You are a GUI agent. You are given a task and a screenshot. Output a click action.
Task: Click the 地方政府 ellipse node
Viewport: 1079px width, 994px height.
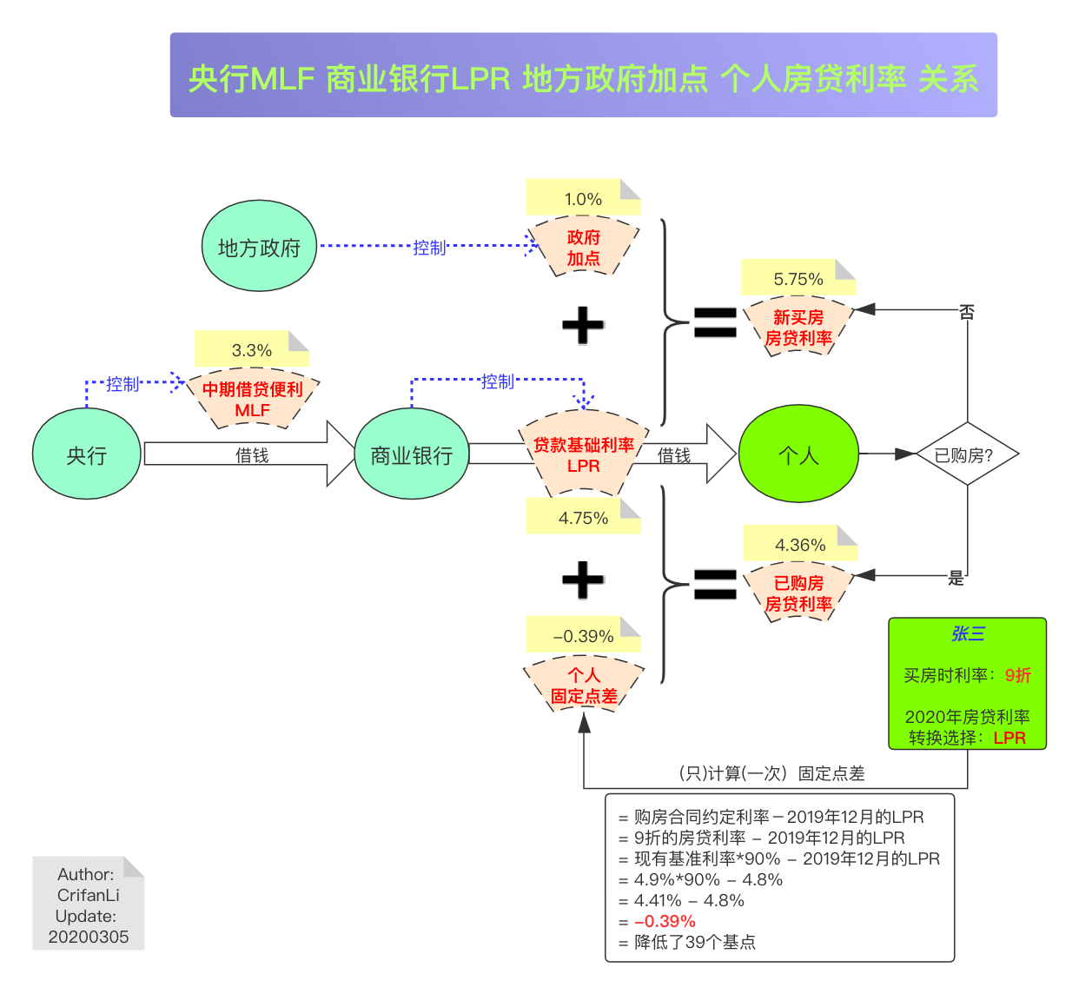pos(259,247)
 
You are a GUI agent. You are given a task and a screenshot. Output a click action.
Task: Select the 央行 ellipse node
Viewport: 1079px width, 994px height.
pos(86,454)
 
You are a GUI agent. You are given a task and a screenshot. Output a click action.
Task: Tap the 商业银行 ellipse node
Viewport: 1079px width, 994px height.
pos(411,454)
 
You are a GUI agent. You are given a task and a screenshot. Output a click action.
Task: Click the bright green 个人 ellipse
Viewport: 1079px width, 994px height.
pos(798,454)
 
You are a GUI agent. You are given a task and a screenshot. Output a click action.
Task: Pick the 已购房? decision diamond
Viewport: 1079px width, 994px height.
pos(967,454)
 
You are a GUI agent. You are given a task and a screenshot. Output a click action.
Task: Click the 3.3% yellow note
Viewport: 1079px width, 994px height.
pos(251,349)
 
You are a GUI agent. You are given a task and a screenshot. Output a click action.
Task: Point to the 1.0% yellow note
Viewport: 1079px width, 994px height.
pos(583,198)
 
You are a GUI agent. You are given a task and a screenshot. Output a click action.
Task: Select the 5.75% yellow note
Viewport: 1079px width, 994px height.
pos(798,278)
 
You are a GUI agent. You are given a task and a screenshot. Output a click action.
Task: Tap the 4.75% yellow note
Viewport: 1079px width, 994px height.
pos(583,517)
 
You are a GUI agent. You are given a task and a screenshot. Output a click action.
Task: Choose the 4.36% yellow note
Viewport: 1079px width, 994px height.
pos(800,544)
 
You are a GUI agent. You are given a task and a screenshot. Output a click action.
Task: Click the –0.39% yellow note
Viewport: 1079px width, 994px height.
pos(583,635)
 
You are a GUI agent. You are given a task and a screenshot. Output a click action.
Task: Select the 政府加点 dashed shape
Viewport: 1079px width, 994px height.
pos(584,248)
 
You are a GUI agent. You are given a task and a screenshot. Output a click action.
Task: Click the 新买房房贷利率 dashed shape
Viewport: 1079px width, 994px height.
pos(798,328)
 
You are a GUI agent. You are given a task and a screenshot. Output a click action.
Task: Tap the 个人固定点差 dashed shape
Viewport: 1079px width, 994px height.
pos(584,686)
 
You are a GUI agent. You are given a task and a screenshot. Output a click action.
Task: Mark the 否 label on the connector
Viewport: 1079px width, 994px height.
pos(967,311)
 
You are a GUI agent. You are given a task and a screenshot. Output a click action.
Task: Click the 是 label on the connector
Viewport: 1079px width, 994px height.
pos(956,578)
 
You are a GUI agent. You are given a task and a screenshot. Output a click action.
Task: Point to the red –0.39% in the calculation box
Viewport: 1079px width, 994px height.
pos(665,921)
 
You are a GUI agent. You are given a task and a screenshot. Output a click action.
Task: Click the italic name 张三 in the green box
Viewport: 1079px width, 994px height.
pos(967,633)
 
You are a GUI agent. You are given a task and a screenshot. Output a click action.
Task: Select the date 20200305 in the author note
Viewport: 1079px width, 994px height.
pos(89,937)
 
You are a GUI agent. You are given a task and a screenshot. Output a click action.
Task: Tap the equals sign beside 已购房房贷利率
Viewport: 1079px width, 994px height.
pos(715,584)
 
